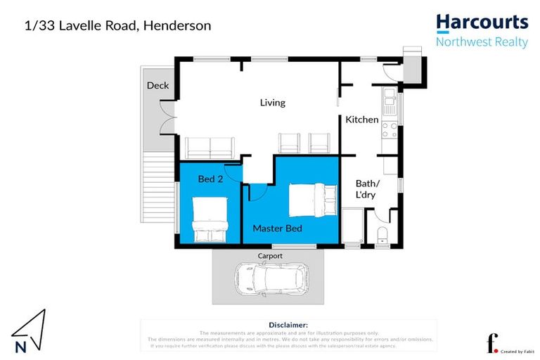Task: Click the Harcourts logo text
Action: (482, 23)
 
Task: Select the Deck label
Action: (157, 86)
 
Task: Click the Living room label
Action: (273, 103)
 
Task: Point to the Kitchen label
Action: (362, 120)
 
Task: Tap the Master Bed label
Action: (277, 229)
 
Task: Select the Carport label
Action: (270, 256)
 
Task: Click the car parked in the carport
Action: (270, 279)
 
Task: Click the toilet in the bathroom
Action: (382, 235)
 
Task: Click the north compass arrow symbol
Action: (28, 330)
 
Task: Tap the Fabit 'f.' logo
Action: (492, 344)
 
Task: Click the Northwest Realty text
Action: (482, 42)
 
